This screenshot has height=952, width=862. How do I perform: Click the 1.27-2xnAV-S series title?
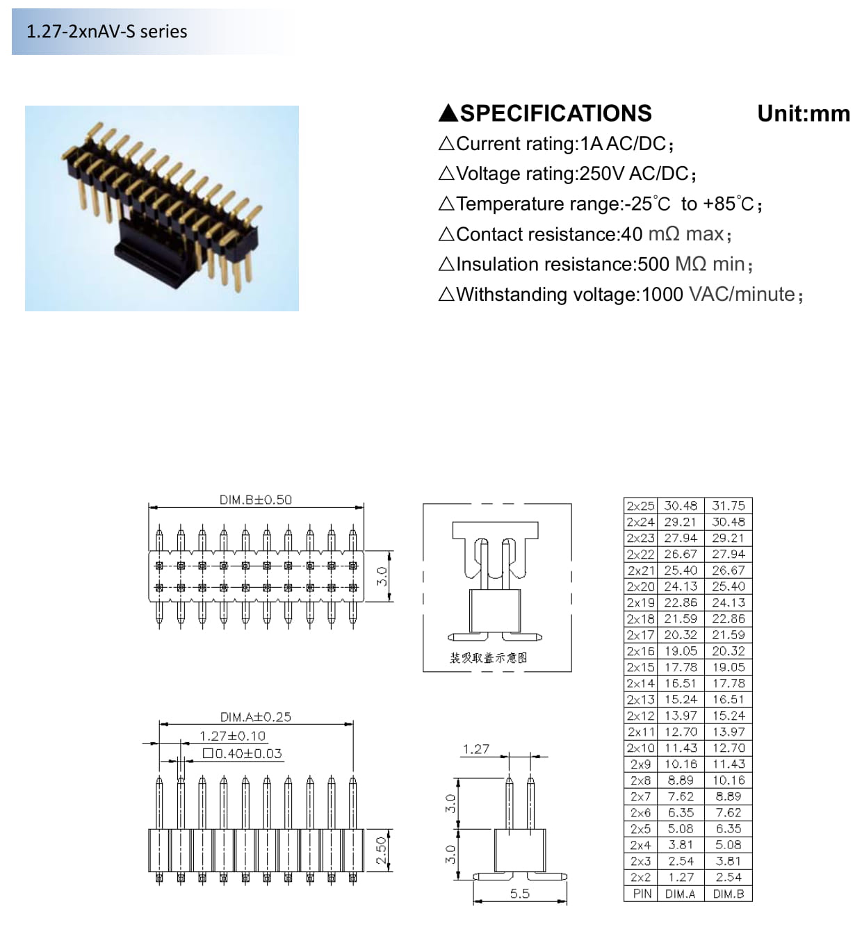click(107, 31)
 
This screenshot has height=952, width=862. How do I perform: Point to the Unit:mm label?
click(804, 114)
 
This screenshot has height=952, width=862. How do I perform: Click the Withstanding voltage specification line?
click(621, 294)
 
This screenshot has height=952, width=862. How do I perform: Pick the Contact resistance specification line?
click(585, 234)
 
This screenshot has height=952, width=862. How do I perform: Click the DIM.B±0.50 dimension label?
click(256, 500)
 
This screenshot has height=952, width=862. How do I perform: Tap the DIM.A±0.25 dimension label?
click(256, 716)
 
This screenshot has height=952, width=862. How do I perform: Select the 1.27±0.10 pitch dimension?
click(232, 736)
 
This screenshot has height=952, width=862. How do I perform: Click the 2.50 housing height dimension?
click(382, 851)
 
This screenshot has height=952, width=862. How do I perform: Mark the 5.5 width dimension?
click(519, 894)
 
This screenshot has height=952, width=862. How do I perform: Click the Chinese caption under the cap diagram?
click(489, 658)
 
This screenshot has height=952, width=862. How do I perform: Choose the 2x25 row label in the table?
click(641, 506)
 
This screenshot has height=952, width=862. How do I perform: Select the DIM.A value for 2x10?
click(681, 748)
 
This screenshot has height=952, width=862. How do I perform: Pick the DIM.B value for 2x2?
click(729, 878)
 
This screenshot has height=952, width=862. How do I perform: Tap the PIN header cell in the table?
click(642, 894)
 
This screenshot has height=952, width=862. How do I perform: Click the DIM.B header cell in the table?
click(729, 894)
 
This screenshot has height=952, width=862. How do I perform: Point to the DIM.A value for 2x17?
click(681, 635)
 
